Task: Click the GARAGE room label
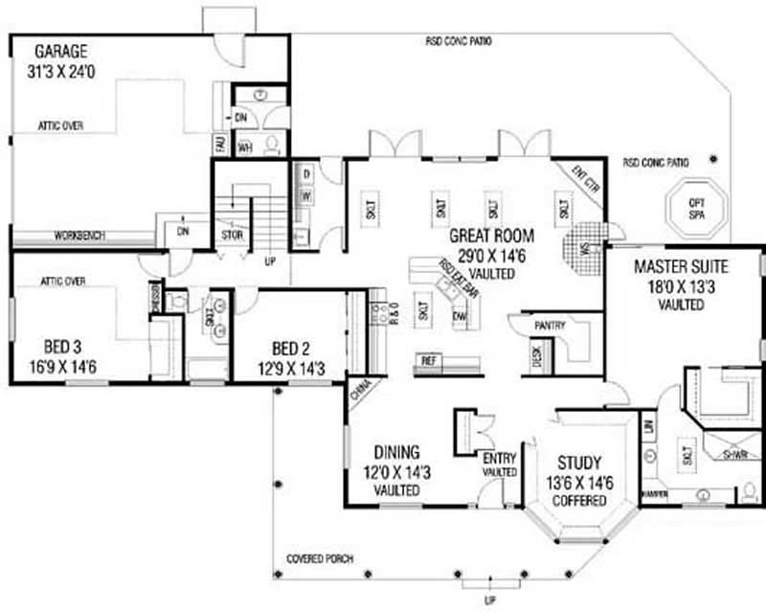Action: coord(61,51)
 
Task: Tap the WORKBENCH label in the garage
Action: coord(79,236)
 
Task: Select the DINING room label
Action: coord(395,452)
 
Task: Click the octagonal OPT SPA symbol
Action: coord(696,206)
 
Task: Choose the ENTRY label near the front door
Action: coord(500,458)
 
